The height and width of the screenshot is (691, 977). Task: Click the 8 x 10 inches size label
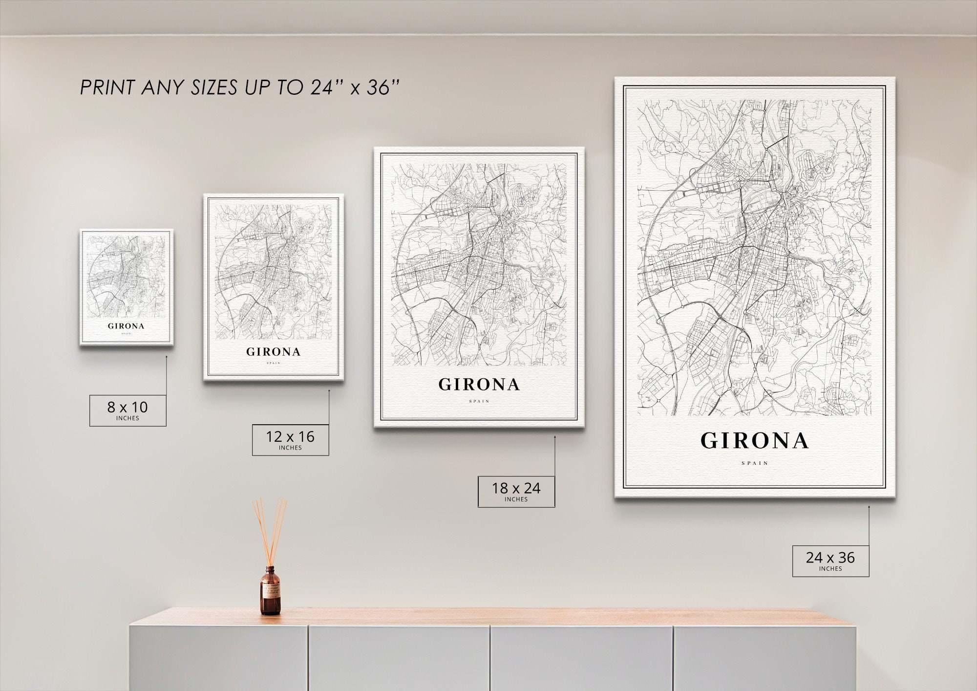pos(127,410)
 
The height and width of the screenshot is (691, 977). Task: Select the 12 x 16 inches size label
pos(290,440)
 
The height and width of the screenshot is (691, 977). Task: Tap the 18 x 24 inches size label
pos(516,491)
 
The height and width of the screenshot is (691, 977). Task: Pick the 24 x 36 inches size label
pos(830,561)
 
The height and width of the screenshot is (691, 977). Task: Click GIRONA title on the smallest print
pos(126,326)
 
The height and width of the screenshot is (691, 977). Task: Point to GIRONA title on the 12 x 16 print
pos(273,352)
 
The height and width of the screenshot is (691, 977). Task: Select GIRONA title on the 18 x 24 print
pos(479,385)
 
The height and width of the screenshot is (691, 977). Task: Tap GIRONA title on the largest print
pos(755,441)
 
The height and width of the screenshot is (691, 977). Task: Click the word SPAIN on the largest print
pos(755,463)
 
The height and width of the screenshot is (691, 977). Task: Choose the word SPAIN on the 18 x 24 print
pos(479,401)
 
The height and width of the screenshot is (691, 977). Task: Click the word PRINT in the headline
pos(108,88)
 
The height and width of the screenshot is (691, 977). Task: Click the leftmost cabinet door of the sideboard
pos(218,657)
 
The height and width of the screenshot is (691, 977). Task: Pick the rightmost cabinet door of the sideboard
pos(765,657)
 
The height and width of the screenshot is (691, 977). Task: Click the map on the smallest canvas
pos(126,276)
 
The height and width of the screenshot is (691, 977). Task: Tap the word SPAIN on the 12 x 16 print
pos(273,363)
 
